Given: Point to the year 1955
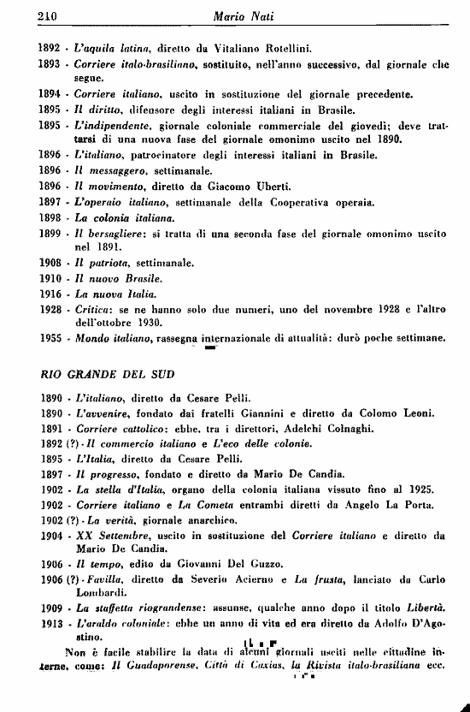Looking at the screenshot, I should [x=53, y=337].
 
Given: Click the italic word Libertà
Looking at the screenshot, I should [x=420, y=608].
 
